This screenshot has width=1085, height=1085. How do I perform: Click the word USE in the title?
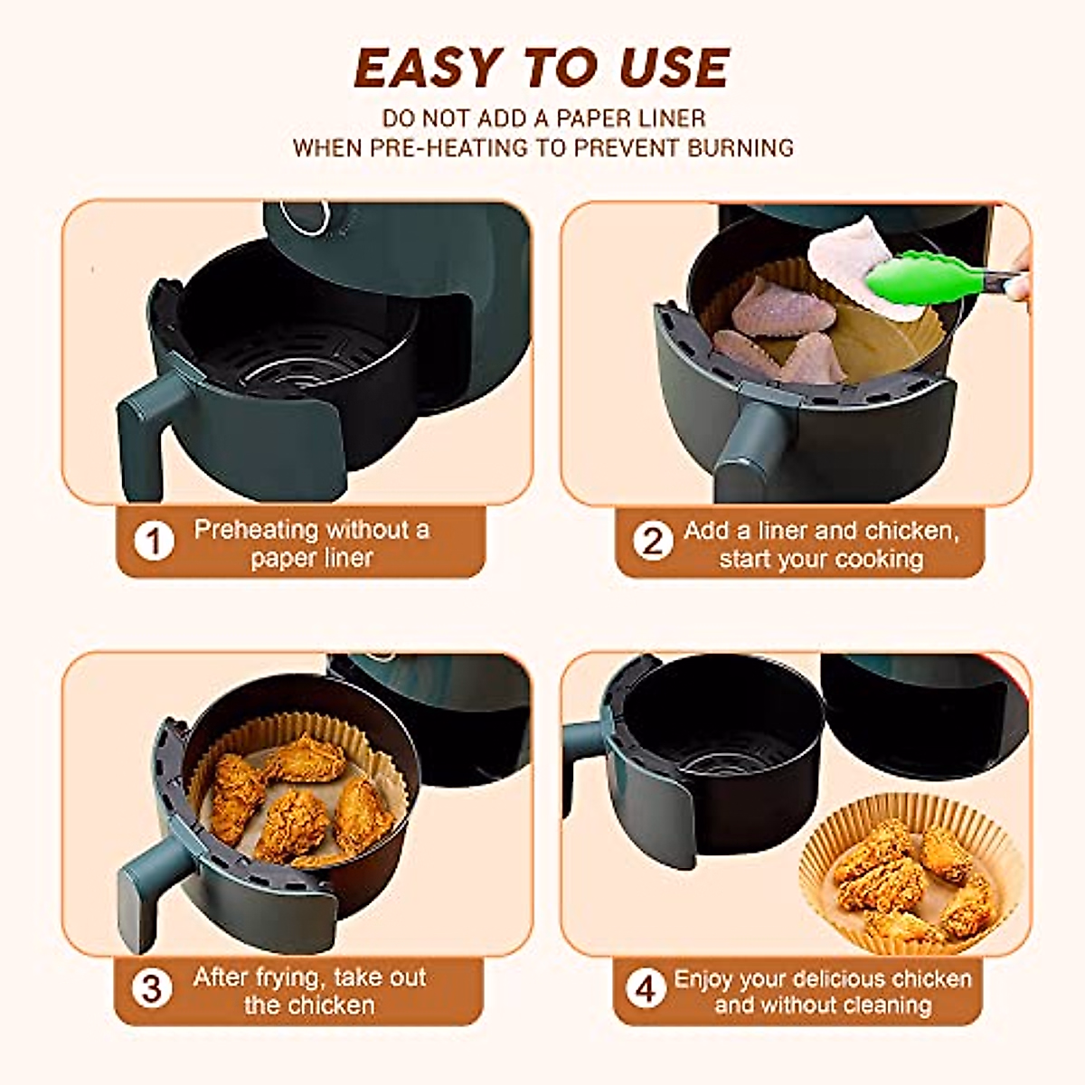point(674,68)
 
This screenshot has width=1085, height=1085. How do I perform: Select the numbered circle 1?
point(154,542)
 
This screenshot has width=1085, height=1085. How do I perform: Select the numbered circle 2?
point(653,542)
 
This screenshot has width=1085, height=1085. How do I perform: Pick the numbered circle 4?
point(646,988)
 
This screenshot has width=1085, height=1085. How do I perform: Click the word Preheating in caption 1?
point(256,529)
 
